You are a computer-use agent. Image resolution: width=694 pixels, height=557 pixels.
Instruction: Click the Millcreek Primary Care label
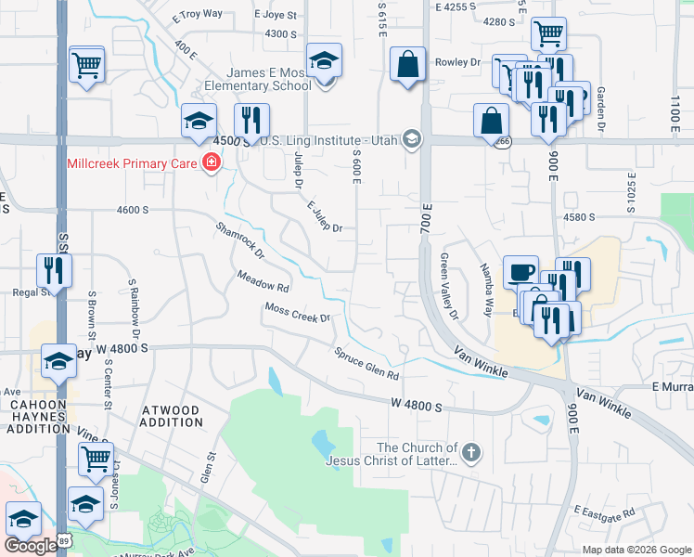[133, 163]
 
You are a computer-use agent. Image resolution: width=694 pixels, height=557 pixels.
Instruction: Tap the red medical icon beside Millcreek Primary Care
[212, 163]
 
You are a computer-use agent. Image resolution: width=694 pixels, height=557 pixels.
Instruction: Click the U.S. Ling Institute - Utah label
[327, 140]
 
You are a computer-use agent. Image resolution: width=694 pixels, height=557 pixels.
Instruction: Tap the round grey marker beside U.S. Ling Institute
[411, 140]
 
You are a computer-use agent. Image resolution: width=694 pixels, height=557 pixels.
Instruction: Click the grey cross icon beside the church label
[471, 453]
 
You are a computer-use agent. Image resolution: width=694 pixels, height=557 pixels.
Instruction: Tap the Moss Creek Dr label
[298, 312]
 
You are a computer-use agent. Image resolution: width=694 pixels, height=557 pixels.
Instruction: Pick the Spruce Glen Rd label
[366, 364]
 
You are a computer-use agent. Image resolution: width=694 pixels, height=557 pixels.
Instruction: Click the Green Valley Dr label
[449, 286]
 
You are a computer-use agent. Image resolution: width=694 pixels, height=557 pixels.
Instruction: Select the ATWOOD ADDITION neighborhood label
[171, 416]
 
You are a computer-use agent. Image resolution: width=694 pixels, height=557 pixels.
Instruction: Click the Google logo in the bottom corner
[31, 546]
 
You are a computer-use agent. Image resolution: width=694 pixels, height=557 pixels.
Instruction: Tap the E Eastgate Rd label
[603, 512]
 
